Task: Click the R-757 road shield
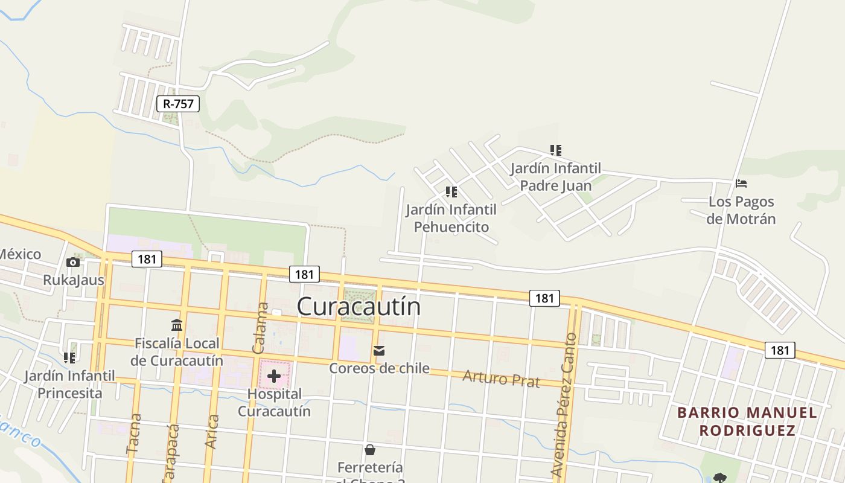click(x=178, y=104)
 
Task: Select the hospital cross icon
click(x=274, y=377)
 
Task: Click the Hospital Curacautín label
click(x=274, y=403)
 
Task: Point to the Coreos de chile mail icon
click(x=379, y=351)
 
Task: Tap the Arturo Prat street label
click(x=501, y=379)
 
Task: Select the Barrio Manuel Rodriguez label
click(x=747, y=421)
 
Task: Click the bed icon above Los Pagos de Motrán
click(x=741, y=184)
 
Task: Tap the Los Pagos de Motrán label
click(x=741, y=210)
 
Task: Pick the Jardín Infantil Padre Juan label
click(x=556, y=176)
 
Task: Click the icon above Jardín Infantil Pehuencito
click(x=451, y=192)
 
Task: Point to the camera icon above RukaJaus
click(x=73, y=262)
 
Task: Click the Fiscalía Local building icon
click(x=177, y=325)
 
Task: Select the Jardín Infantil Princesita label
click(x=69, y=385)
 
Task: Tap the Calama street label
click(x=261, y=328)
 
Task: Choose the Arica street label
click(x=211, y=431)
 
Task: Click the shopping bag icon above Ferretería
click(x=370, y=450)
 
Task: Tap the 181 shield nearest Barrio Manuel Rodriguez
click(x=780, y=350)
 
